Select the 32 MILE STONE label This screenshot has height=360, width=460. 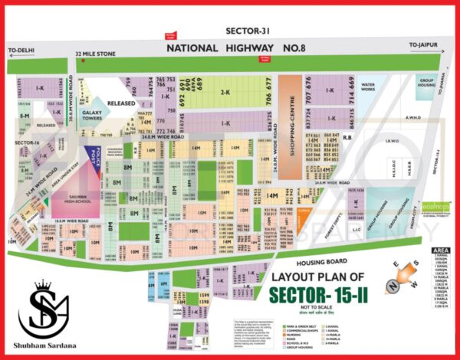click(95, 54)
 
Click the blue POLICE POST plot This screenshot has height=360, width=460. click(94, 155)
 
